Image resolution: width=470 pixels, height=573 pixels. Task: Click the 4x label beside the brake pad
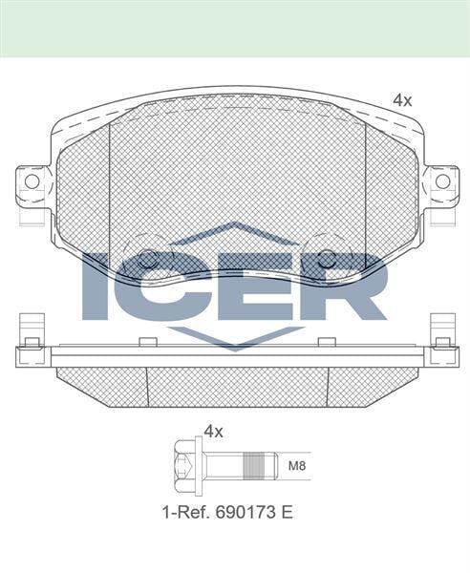coord(402,99)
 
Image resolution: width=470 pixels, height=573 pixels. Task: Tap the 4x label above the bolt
coord(213,431)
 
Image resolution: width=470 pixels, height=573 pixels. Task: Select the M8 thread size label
coord(298,468)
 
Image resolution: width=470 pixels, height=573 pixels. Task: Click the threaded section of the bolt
coord(251,467)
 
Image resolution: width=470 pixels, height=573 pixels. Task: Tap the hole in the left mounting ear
coord(32,181)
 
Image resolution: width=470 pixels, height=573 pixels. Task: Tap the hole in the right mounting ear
coord(441,181)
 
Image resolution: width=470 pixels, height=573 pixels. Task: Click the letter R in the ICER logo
coord(348,286)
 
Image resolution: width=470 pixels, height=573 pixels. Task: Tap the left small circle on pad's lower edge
coord(147,258)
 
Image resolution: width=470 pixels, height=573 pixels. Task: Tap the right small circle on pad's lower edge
coord(325,258)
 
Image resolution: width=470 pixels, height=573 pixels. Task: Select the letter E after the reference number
coord(288,512)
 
